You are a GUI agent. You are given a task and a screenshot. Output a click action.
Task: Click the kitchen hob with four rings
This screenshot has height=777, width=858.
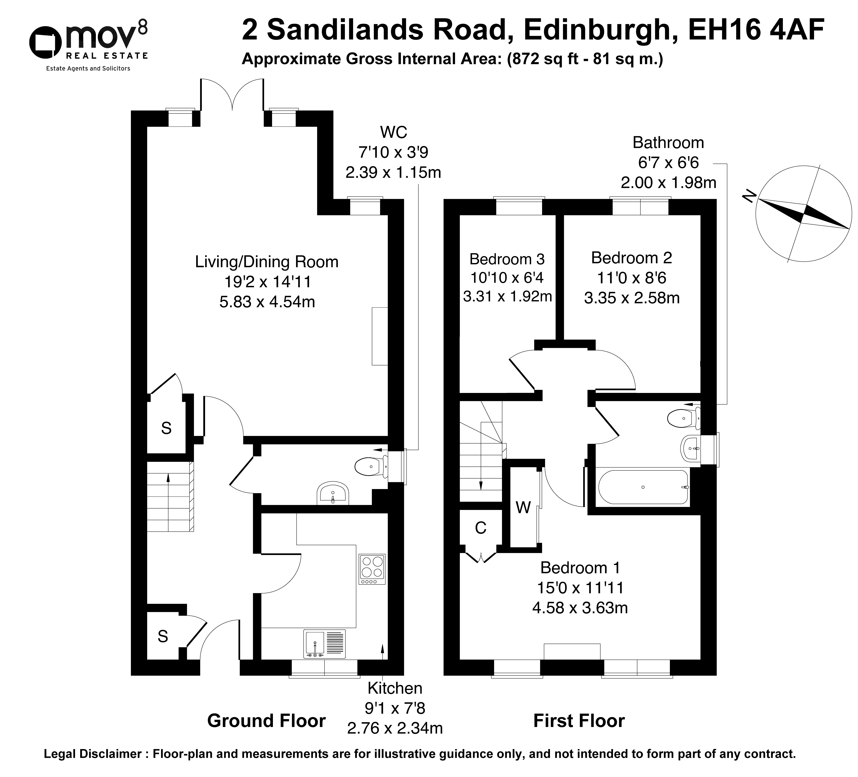pos(372,569)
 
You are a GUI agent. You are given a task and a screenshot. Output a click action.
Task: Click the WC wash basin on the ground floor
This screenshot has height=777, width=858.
pos(333,493)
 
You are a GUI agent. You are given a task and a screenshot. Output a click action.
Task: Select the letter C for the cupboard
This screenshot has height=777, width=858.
pos(481,528)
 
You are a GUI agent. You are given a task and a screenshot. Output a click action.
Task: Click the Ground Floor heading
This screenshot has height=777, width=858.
pos(266,721)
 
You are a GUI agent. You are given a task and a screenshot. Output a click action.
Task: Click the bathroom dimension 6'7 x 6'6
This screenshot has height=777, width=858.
pos(668,163)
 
